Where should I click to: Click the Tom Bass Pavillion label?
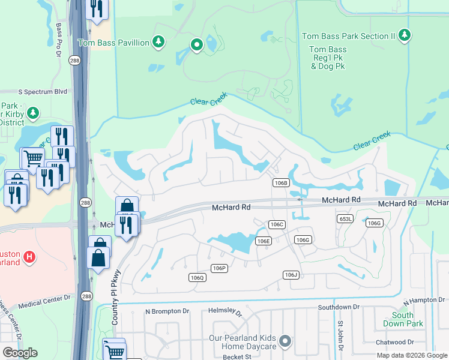click(x=113, y=43)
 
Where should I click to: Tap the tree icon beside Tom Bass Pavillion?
click(x=158, y=42)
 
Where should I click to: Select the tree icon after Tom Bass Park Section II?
click(x=405, y=35)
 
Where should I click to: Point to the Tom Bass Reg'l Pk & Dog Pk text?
click(x=328, y=58)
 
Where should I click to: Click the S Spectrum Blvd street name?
click(x=43, y=92)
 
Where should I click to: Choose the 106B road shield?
click(x=281, y=182)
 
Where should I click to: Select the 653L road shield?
click(x=345, y=219)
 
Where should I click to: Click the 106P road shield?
click(x=218, y=268)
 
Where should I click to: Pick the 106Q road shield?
click(x=197, y=277)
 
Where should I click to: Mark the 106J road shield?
click(x=291, y=274)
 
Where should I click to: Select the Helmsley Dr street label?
click(x=221, y=313)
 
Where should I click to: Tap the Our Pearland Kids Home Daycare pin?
click(x=286, y=341)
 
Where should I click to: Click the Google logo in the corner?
click(x=20, y=353)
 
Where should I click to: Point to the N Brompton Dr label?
click(x=167, y=311)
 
